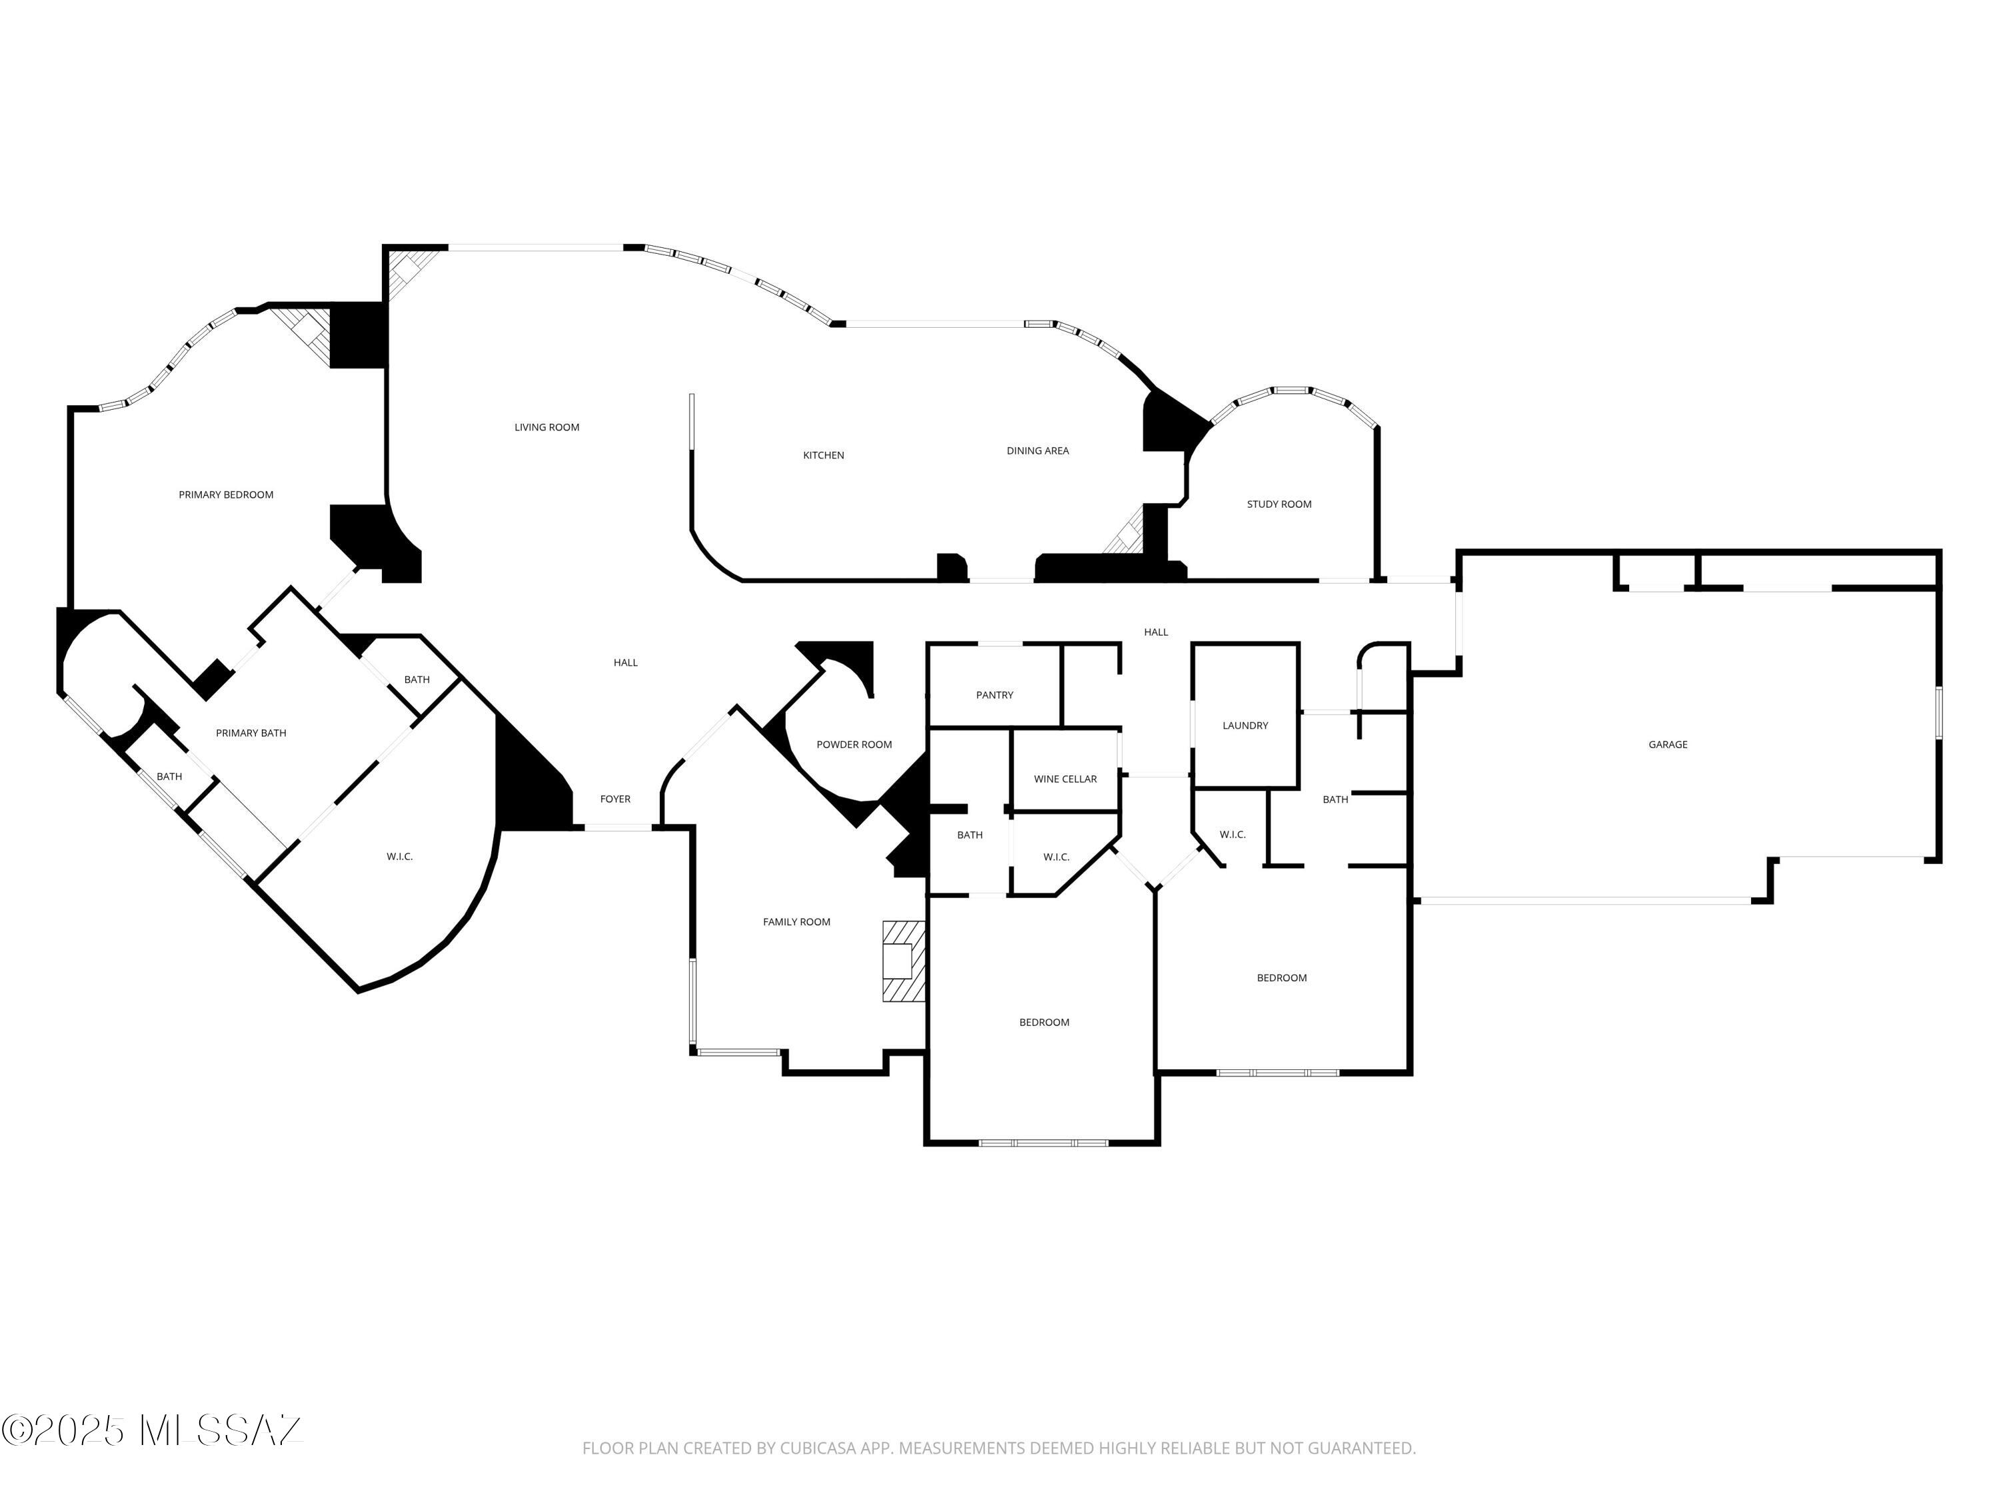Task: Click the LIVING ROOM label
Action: coord(547,428)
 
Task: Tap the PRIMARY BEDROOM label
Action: coord(226,495)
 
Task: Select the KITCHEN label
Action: coord(824,456)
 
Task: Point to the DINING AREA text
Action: coord(1037,451)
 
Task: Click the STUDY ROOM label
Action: coord(1279,504)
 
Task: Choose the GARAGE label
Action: coord(1667,745)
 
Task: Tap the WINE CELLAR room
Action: coord(1065,779)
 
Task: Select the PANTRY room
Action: coord(994,695)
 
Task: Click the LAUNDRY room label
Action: coord(1245,726)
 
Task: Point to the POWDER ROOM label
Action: coord(854,745)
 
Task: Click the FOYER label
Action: coord(616,799)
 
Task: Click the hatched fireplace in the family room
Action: coord(903,961)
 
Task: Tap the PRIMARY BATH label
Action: coord(251,733)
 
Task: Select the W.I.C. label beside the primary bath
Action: coord(399,857)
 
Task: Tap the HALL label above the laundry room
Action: coord(1156,632)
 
